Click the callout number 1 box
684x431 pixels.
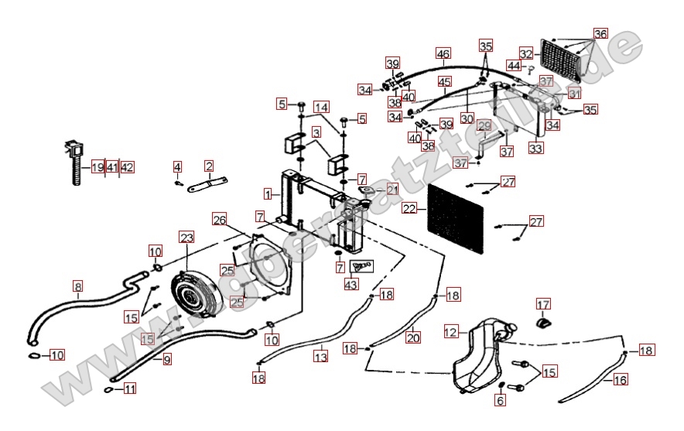tap(267, 193)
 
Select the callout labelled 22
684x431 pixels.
tap(409, 207)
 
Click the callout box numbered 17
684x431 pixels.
tap(543, 303)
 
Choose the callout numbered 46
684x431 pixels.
tap(443, 54)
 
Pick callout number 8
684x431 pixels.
tap(77, 286)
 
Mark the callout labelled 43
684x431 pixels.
tap(351, 285)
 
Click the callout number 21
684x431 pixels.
tap(392, 190)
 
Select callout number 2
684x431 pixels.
tap(209, 166)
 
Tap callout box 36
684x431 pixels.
tap(600, 33)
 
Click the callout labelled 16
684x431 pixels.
tap(620, 379)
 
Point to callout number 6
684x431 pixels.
tap(500, 400)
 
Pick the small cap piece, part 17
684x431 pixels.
tap(545, 322)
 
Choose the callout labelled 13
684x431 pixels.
tap(320, 357)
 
